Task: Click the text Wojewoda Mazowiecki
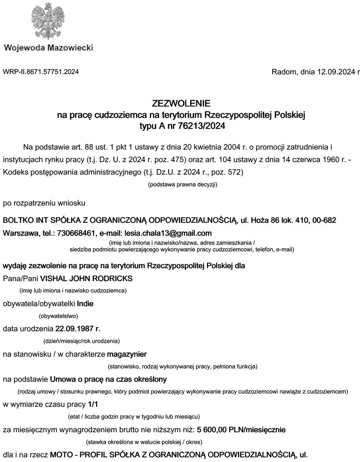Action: click(49, 48)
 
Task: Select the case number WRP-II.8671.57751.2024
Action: click(41, 72)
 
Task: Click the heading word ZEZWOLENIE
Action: click(181, 103)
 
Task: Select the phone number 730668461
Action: click(77, 233)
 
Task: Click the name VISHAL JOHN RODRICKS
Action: click(86, 278)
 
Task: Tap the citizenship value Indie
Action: click(85, 303)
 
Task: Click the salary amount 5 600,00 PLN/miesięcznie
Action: click(241, 430)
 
